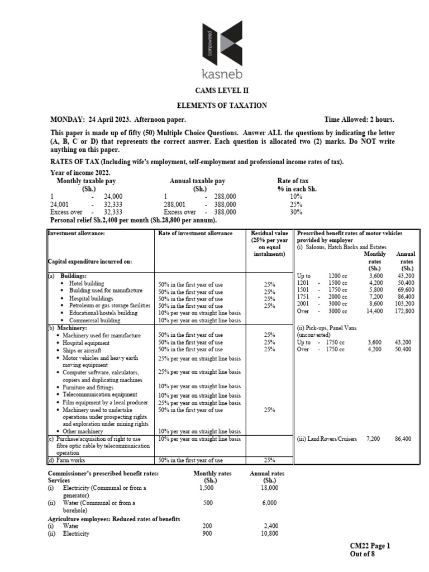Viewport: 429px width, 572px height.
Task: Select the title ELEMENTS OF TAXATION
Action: pyautogui.click(x=214, y=106)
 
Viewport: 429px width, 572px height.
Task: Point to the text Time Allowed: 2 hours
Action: pyautogui.click(x=359, y=120)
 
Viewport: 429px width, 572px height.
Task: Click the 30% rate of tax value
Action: pyautogui.click(x=297, y=212)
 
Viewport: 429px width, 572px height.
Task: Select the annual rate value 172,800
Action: pyautogui.click(x=404, y=311)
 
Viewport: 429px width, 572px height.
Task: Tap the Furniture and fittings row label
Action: pyautogui.click(x=88, y=387)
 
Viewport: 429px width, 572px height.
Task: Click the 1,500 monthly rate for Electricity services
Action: pyautogui.click(x=207, y=488)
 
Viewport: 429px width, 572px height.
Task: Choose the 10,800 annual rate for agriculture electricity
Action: pyautogui.click(x=269, y=533)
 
